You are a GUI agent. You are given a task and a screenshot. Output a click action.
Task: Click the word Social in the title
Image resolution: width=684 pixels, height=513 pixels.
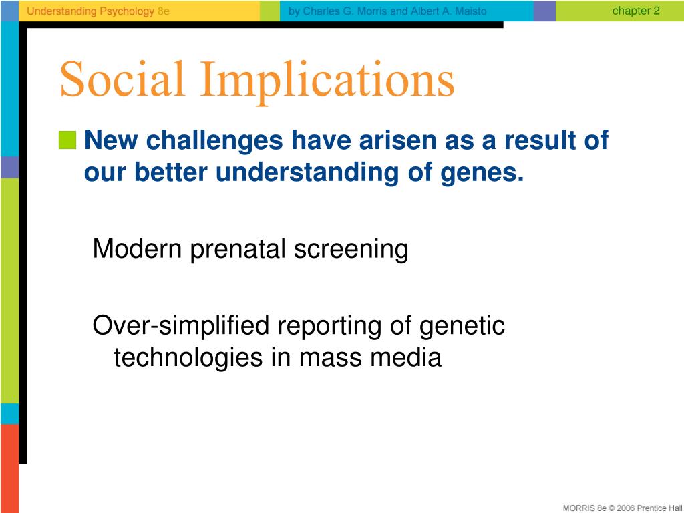(x=122, y=79)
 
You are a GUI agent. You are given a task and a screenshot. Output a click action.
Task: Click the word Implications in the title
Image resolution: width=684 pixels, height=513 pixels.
(x=327, y=82)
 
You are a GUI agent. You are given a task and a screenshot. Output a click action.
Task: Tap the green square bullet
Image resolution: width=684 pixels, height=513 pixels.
(x=67, y=140)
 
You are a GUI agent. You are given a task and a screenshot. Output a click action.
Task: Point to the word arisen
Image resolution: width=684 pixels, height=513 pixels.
(x=397, y=140)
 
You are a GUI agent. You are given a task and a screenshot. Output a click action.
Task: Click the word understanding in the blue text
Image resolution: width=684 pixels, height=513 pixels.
(x=307, y=172)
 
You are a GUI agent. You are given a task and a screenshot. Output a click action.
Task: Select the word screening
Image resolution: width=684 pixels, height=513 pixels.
(x=351, y=250)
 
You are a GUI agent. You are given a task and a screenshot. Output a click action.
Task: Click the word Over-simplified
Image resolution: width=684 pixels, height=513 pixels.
(x=180, y=326)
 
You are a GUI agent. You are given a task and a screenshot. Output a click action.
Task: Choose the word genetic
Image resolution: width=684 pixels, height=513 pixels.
(x=462, y=327)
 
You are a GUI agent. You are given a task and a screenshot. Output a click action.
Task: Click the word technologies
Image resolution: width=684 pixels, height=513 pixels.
(x=188, y=358)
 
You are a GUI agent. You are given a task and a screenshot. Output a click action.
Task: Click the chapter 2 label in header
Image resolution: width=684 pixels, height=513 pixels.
(x=636, y=11)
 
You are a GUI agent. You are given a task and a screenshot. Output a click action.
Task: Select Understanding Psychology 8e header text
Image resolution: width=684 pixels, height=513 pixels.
(x=98, y=11)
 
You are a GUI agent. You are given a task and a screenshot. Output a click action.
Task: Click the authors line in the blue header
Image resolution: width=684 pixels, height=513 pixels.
(x=387, y=11)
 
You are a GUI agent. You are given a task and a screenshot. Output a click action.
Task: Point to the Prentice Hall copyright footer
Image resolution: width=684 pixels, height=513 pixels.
(x=623, y=508)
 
